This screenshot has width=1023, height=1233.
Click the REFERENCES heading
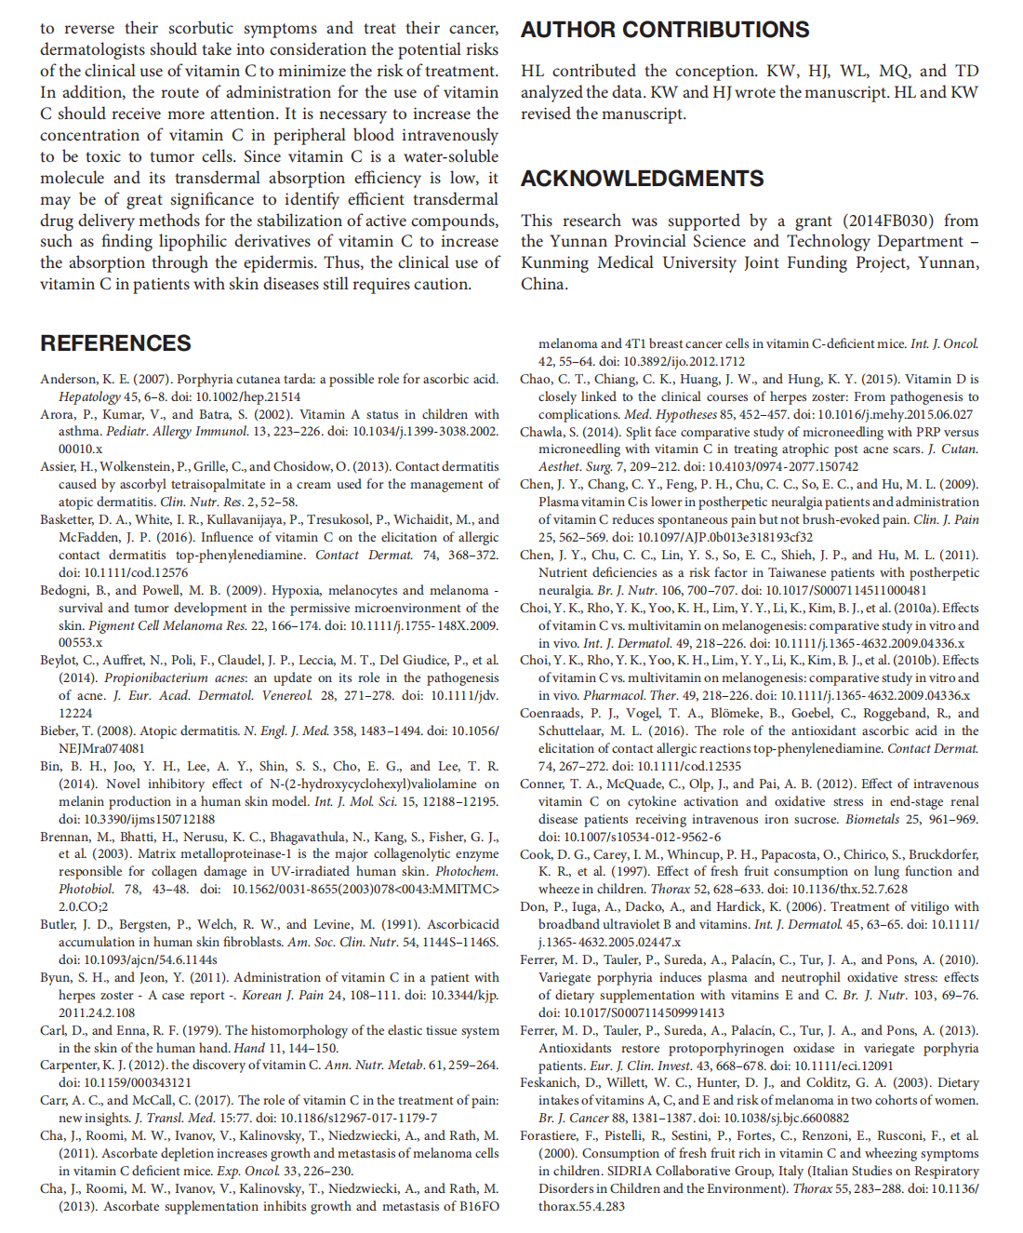(x=115, y=343)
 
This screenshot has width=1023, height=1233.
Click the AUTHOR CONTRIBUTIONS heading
(x=664, y=30)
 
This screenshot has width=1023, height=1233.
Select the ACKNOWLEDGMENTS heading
(x=642, y=179)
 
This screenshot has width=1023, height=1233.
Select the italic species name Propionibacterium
(x=144, y=678)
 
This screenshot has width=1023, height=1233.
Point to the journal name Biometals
(x=872, y=819)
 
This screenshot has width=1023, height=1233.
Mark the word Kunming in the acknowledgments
(x=554, y=262)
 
